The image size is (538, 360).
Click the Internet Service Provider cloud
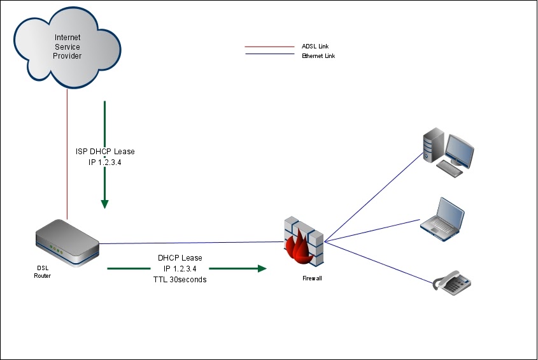(67, 47)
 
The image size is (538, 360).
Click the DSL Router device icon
(66, 243)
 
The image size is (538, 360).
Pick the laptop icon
(442, 217)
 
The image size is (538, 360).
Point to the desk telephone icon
(451, 284)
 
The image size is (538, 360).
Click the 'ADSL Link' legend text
(315, 47)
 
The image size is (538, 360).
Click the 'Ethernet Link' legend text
(318, 56)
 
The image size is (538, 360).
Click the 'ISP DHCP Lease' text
(105, 152)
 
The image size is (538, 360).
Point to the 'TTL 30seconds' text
(180, 280)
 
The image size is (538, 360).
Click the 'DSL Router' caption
(43, 272)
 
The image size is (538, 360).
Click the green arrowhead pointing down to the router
(105, 204)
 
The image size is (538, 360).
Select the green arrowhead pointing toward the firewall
(260, 269)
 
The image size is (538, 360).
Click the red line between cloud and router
(67, 153)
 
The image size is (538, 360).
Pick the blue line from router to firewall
(191, 243)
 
